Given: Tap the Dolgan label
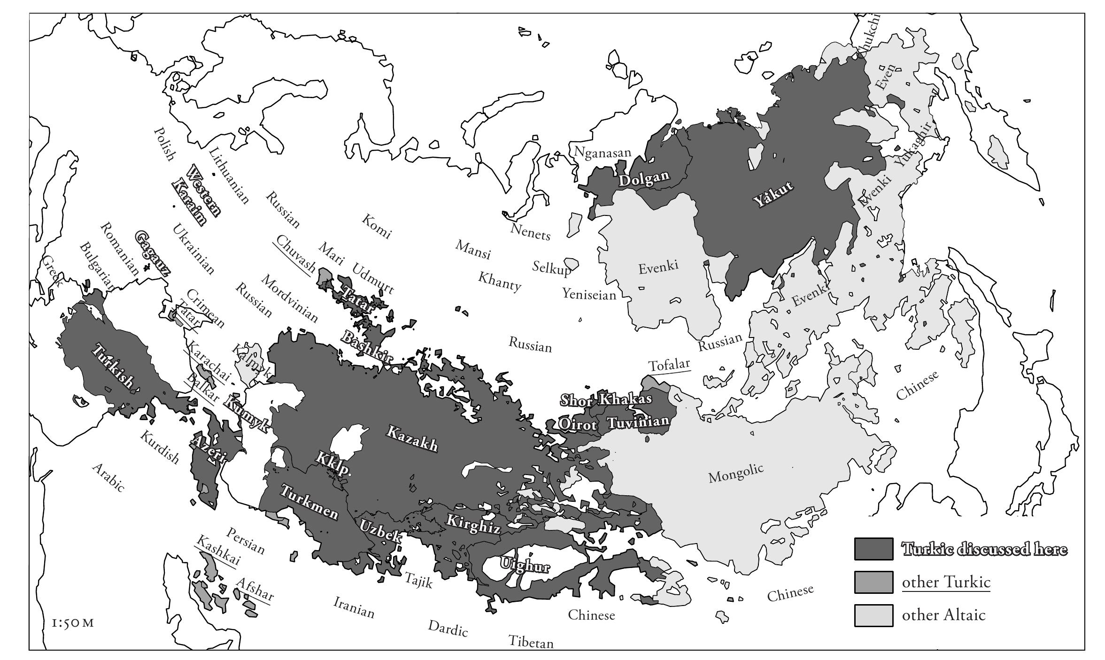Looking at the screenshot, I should pyautogui.click(x=643, y=179).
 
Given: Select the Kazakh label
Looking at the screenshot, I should pyautogui.click(x=412, y=438).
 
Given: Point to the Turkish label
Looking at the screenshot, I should pyautogui.click(x=112, y=367).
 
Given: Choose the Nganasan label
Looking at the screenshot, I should pyautogui.click(x=603, y=152).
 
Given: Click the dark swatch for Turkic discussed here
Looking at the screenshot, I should pyautogui.click(x=873, y=549).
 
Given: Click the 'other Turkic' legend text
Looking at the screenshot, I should pyautogui.click(x=946, y=582).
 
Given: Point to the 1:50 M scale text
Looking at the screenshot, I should pyautogui.click(x=73, y=623).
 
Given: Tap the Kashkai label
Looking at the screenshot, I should pyautogui.click(x=218, y=550).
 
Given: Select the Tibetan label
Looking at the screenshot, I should pyautogui.click(x=531, y=642).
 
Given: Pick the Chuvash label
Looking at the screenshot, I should pyautogui.click(x=296, y=253).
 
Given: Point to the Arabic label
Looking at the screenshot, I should pyautogui.click(x=108, y=477).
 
